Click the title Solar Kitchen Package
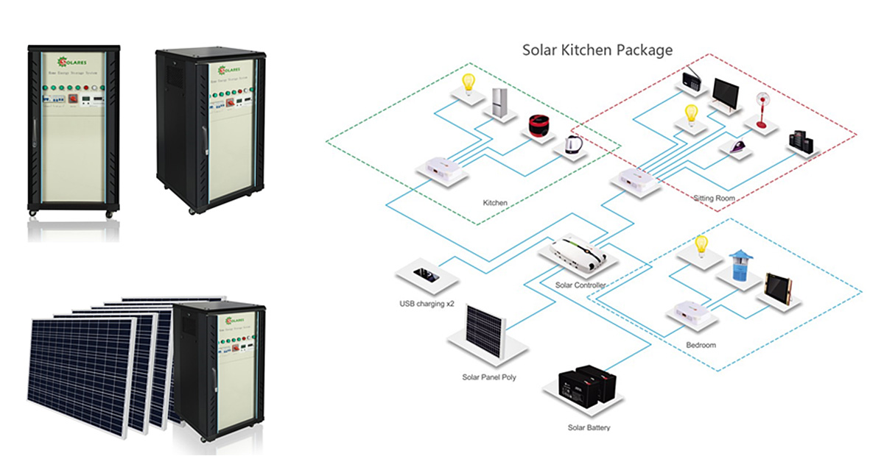(x=597, y=51)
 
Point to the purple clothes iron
(x=734, y=146)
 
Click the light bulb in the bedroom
(x=701, y=244)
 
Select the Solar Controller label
(x=580, y=285)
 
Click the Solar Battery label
(x=589, y=427)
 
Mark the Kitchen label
(x=494, y=202)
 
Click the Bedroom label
(x=701, y=344)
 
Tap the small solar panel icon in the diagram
(x=484, y=327)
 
